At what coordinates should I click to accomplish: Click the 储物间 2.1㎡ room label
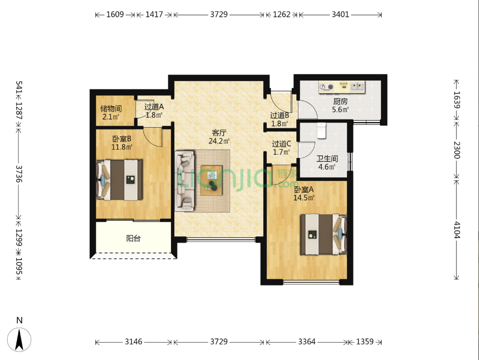111,112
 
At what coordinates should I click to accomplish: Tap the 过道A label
154,107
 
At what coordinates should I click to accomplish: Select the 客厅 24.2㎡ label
219,137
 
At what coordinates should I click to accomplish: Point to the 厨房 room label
340,101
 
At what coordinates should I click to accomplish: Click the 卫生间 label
327,158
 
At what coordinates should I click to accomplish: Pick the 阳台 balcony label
134,238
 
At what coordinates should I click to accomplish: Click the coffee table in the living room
211,180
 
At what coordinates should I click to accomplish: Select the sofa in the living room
185,181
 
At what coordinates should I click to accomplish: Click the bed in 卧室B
119,180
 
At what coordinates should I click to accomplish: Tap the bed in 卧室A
323,234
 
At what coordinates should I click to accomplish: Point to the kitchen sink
358,87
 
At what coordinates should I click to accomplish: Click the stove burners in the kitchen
326,87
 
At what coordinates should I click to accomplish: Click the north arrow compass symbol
19,340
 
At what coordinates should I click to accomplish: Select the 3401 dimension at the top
340,14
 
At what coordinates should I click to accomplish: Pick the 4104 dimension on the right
457,230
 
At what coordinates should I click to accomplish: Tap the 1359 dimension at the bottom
365,342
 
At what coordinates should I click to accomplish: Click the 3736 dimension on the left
19,174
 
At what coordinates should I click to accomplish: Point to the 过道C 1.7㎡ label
282,148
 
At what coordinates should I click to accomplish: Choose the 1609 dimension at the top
115,14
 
